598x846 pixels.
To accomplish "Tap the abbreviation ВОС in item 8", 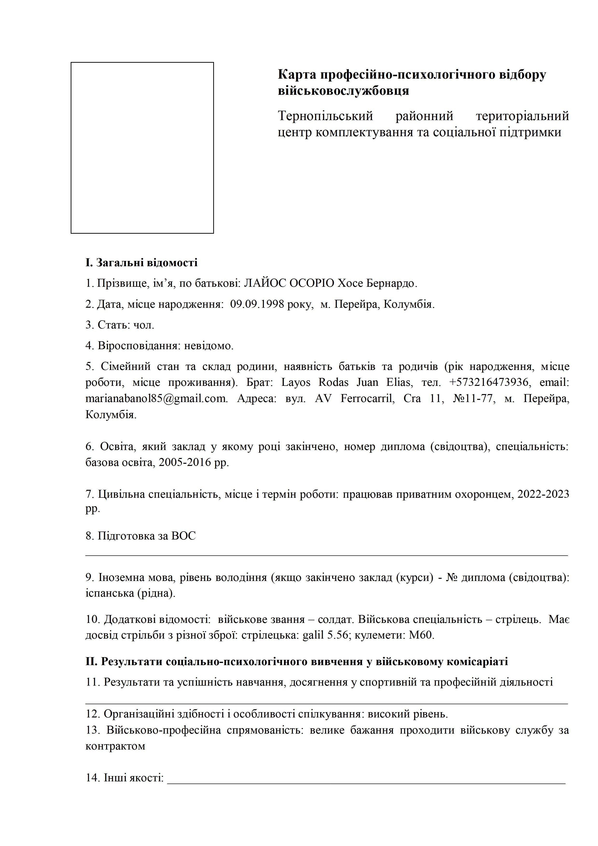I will click(184, 536).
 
